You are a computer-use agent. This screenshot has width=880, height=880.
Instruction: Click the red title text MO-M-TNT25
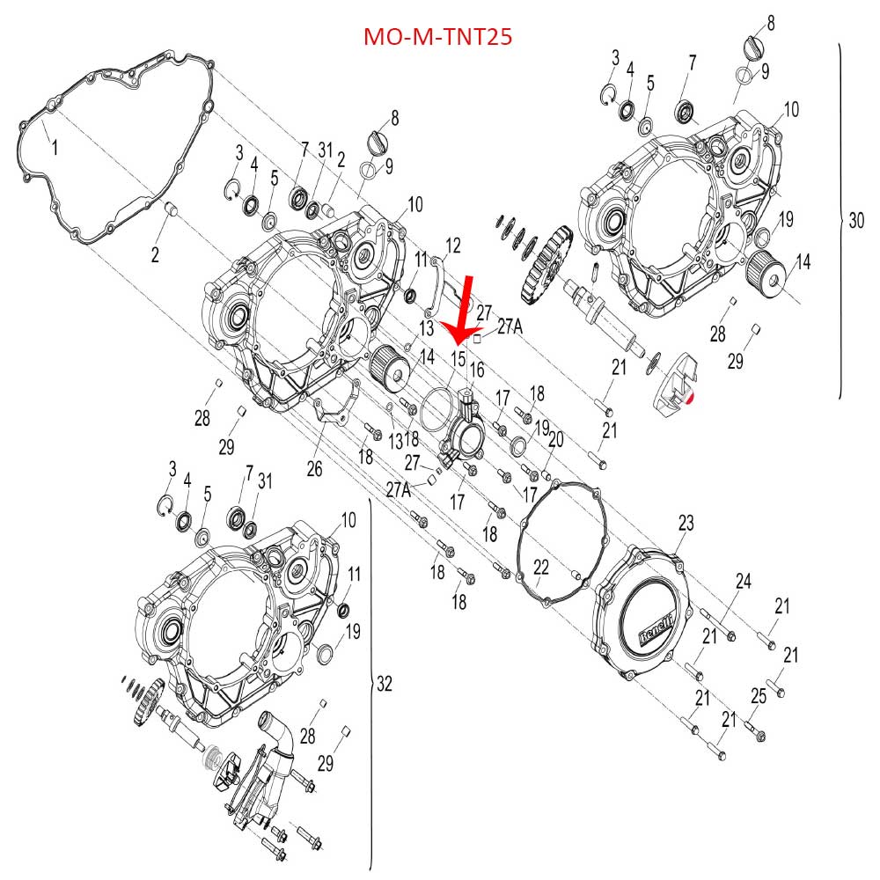[x=438, y=37]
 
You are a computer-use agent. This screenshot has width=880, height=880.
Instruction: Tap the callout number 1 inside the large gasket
[x=54, y=147]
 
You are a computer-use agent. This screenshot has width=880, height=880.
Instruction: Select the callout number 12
[x=453, y=244]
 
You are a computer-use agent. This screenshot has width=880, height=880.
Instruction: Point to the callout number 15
[x=458, y=358]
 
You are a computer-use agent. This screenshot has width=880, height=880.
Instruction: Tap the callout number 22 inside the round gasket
[x=540, y=568]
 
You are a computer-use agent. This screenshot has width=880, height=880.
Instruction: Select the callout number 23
[x=686, y=524]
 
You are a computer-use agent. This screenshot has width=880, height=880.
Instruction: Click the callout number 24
[x=744, y=581]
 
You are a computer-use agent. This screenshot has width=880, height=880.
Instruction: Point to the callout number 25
[x=759, y=696]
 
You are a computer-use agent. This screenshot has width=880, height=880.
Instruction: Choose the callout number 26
[x=314, y=468]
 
